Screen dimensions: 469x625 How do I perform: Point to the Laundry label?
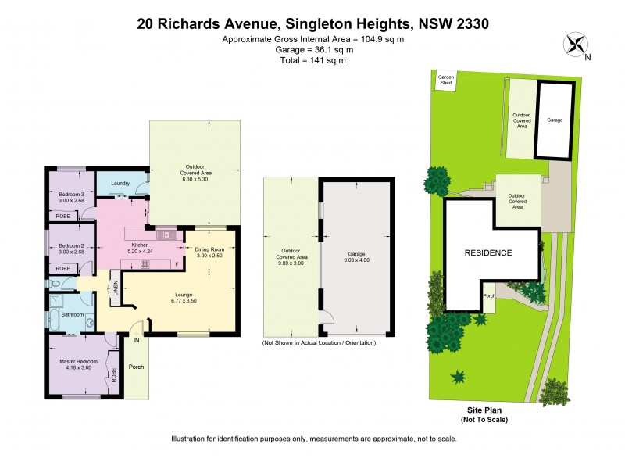[120, 184]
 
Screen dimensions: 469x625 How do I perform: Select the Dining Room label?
[209, 252]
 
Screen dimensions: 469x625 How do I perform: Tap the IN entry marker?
[135, 340]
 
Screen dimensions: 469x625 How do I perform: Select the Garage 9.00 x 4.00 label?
[355, 259]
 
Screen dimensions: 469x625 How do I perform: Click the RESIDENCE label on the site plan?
[488, 252]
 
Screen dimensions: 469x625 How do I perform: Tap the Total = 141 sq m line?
[312, 59]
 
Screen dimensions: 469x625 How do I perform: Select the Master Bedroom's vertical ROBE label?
[113, 375]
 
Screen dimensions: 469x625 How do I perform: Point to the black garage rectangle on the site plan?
[555, 120]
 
